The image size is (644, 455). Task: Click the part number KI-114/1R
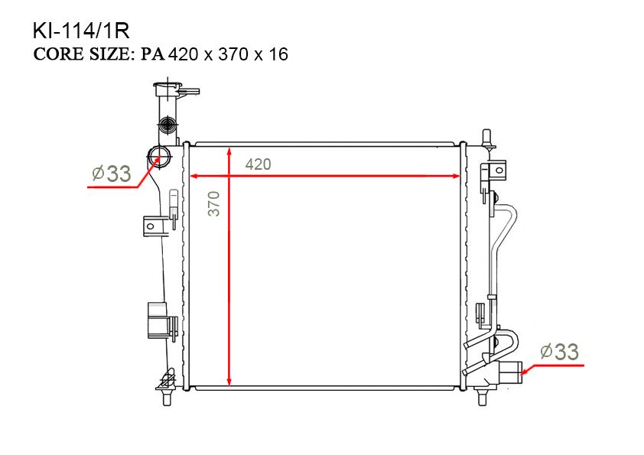81,31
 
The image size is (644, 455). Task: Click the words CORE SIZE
82,54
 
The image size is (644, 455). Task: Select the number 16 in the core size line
278,54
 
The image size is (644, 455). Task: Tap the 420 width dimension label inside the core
259,164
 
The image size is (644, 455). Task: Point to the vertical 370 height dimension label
214,203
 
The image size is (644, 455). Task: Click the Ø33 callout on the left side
112,174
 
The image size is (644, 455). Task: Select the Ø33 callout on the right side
559,352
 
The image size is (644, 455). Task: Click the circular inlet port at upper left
159,157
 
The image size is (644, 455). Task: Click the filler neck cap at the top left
168,89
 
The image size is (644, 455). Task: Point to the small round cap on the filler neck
168,123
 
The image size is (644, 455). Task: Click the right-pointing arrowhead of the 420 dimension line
456,176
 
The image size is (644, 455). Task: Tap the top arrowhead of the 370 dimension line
229,152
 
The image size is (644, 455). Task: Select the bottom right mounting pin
483,397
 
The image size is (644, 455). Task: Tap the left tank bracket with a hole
154,226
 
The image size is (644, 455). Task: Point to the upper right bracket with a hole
498,170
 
